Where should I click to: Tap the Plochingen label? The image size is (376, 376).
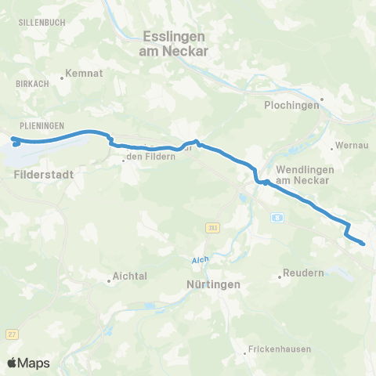tap(292, 106)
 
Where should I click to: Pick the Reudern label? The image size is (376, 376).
tap(298, 276)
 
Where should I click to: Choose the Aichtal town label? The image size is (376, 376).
tap(130, 277)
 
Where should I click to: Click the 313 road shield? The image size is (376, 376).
tap(211, 228)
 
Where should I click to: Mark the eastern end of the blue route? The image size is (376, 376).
tap(363, 244)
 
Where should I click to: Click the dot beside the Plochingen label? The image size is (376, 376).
tap(321, 99)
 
